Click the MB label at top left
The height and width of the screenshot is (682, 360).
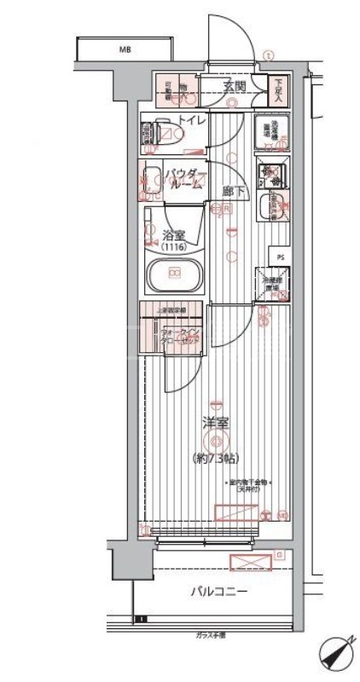pyautogui.click(x=125, y=49)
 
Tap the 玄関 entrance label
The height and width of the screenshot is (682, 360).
pyautogui.click(x=235, y=87)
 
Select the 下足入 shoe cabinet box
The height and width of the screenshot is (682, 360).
pyautogui.click(x=279, y=87)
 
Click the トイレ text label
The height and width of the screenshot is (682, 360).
pyautogui.click(x=191, y=121)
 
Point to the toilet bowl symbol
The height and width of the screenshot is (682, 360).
pyautogui.click(x=168, y=132)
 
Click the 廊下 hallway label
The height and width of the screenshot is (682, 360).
pyautogui.click(x=230, y=191)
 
